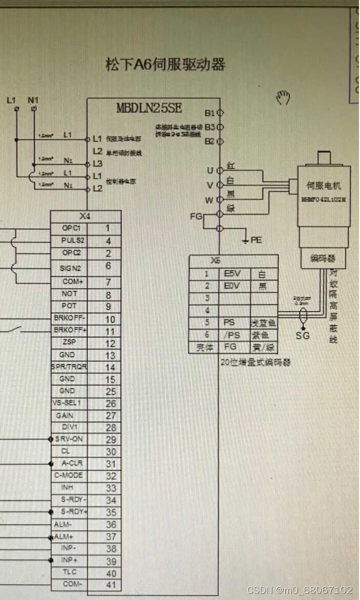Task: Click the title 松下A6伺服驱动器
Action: click(165, 65)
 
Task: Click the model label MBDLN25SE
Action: click(149, 109)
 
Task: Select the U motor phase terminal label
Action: click(210, 170)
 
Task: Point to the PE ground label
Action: click(256, 240)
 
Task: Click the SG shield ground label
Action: click(303, 336)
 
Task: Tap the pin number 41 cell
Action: click(111, 584)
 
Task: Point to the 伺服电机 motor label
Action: click(323, 186)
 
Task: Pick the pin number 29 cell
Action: click(111, 440)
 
